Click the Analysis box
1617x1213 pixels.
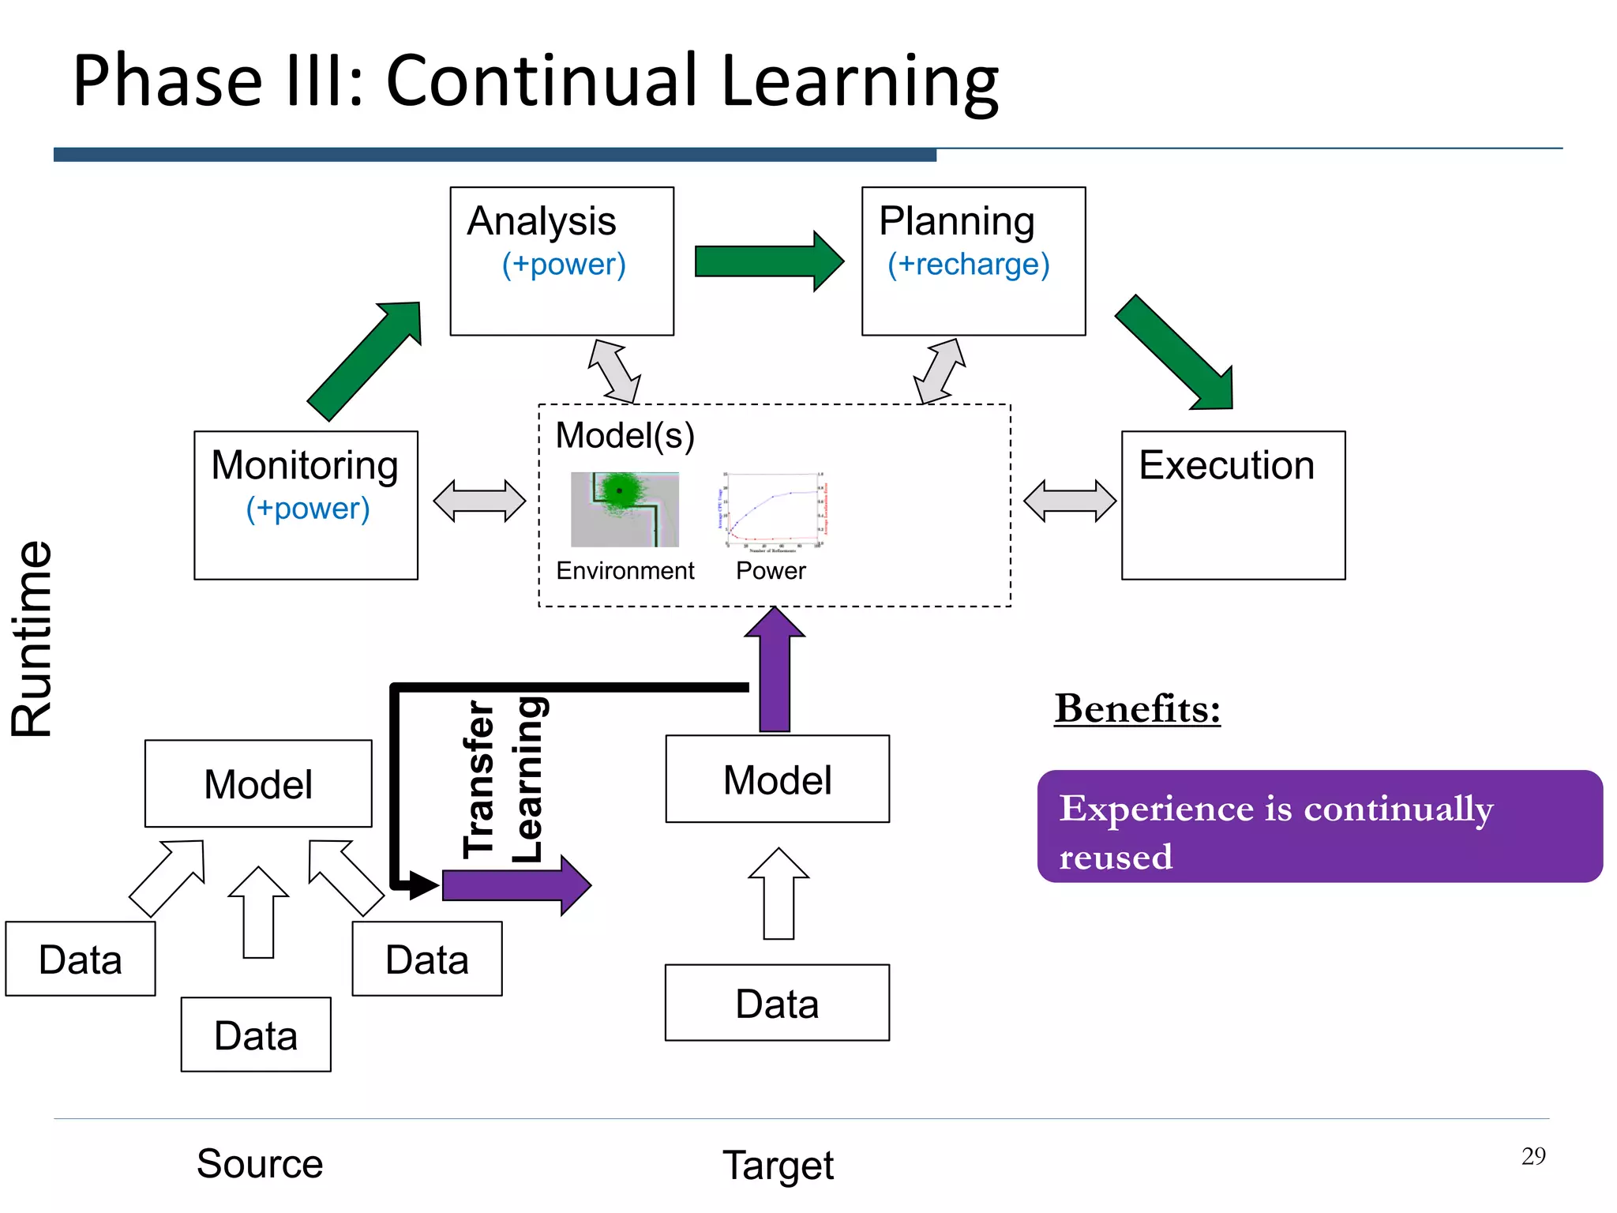pos(561,261)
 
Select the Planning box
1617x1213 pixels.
pos(973,261)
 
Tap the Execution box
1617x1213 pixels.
pos(1232,505)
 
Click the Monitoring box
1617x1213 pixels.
pos(306,505)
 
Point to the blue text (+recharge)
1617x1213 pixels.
pos(968,265)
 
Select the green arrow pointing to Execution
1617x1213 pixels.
pos(1177,355)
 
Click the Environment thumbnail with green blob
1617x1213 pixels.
pos(625,509)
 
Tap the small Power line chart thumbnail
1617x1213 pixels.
pos(772,509)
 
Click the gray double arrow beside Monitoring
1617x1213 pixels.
pos(479,501)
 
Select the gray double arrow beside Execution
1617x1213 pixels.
pos(1069,501)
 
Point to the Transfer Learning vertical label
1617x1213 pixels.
pos(503,779)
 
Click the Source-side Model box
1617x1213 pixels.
pos(258,783)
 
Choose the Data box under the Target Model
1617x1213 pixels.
pos(777,1003)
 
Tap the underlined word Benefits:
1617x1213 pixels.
pos(1137,708)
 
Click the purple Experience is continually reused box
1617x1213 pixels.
pos(1319,827)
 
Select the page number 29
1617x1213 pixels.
pos(1533,1156)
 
